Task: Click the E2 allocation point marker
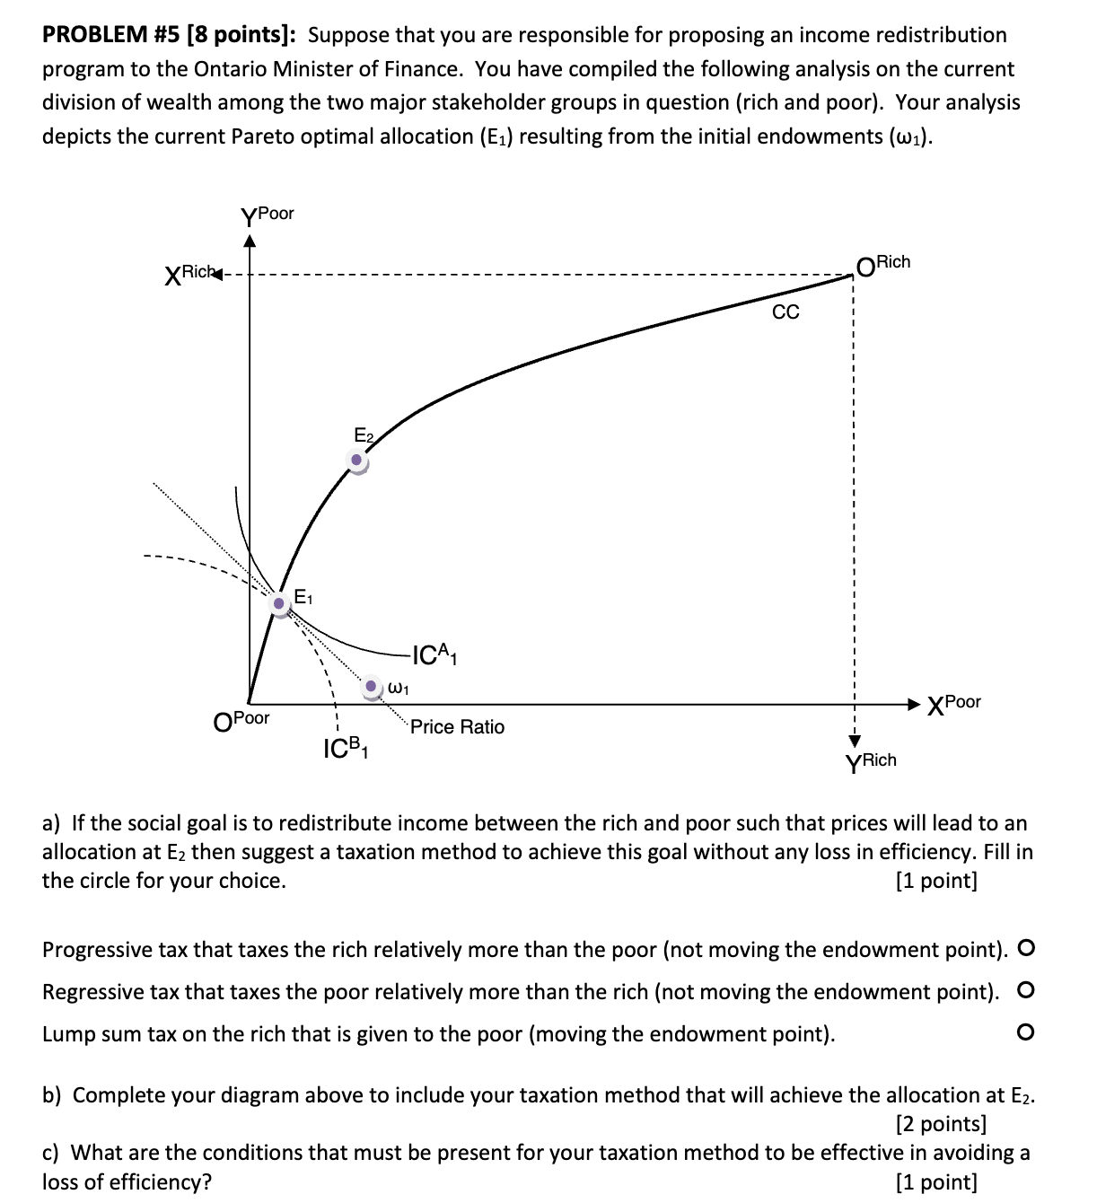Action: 358,461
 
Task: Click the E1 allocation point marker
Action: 281,604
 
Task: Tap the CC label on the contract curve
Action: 785,312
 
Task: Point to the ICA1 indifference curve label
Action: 434,656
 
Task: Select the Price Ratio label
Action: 457,727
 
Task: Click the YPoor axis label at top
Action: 267,215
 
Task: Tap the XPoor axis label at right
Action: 954,703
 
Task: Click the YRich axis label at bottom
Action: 871,761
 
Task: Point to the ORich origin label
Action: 883,264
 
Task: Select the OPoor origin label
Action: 241,720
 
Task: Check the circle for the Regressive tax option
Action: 1026,991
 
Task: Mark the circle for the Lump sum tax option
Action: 1026,1033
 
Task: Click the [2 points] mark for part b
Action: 941,1124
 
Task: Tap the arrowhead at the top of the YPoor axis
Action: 250,240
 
